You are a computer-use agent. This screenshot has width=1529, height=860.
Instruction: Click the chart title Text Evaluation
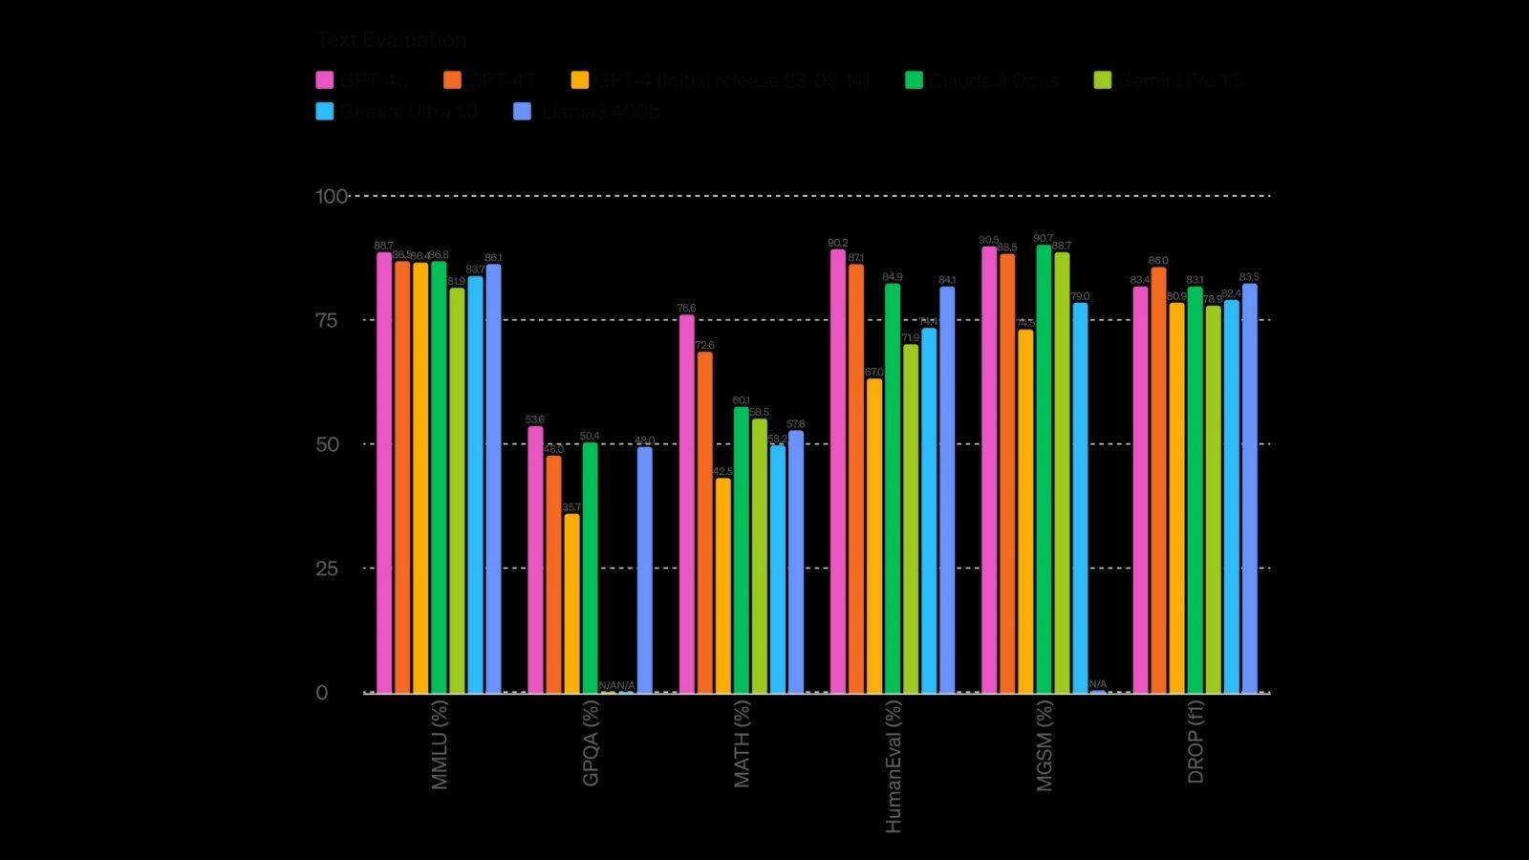[x=391, y=40]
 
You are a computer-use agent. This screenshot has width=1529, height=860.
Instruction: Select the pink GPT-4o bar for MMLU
[x=384, y=472]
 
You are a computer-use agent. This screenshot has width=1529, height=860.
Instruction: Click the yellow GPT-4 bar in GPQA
[x=571, y=603]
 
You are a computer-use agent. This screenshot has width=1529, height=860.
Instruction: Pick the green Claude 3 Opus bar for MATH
[x=742, y=549]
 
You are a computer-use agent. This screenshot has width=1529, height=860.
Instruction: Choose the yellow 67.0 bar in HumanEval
[x=874, y=535]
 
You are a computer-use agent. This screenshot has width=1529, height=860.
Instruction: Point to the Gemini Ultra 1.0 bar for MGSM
[x=1080, y=498]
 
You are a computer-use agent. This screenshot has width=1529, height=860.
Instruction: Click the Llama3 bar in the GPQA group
[x=645, y=570]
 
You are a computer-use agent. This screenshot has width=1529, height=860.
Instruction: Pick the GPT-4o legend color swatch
[x=325, y=80]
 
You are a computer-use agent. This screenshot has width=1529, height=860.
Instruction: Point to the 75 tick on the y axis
[x=327, y=320]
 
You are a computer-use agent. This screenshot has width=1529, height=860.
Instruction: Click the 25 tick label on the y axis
[x=327, y=569]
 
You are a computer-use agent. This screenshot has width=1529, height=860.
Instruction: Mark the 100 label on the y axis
[x=332, y=197]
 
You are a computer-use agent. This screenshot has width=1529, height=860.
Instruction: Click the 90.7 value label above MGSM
[x=1043, y=239]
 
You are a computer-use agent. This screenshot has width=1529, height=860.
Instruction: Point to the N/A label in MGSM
[x=1098, y=684]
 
